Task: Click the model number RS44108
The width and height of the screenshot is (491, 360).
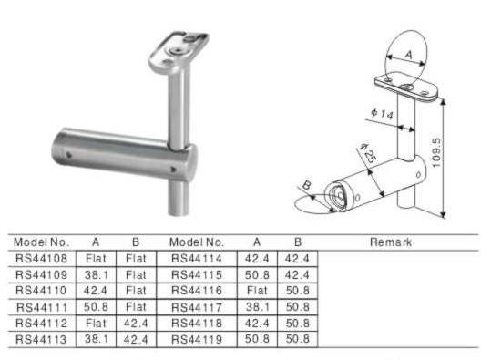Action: click(x=41, y=259)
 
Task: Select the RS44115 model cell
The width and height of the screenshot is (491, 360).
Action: click(x=197, y=274)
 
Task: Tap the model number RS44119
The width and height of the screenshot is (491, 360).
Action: click(x=197, y=339)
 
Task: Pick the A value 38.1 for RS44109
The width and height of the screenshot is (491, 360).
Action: click(x=97, y=274)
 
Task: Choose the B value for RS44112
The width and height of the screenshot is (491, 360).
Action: click(x=136, y=323)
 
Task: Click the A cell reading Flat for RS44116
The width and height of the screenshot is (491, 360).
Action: click(x=257, y=291)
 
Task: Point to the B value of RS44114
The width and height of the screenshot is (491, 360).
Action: click(x=297, y=259)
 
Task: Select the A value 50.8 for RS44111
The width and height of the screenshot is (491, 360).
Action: click(x=97, y=307)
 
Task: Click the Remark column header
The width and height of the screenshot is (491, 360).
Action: click(x=391, y=242)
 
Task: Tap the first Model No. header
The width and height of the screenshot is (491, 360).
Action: click(x=41, y=242)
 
